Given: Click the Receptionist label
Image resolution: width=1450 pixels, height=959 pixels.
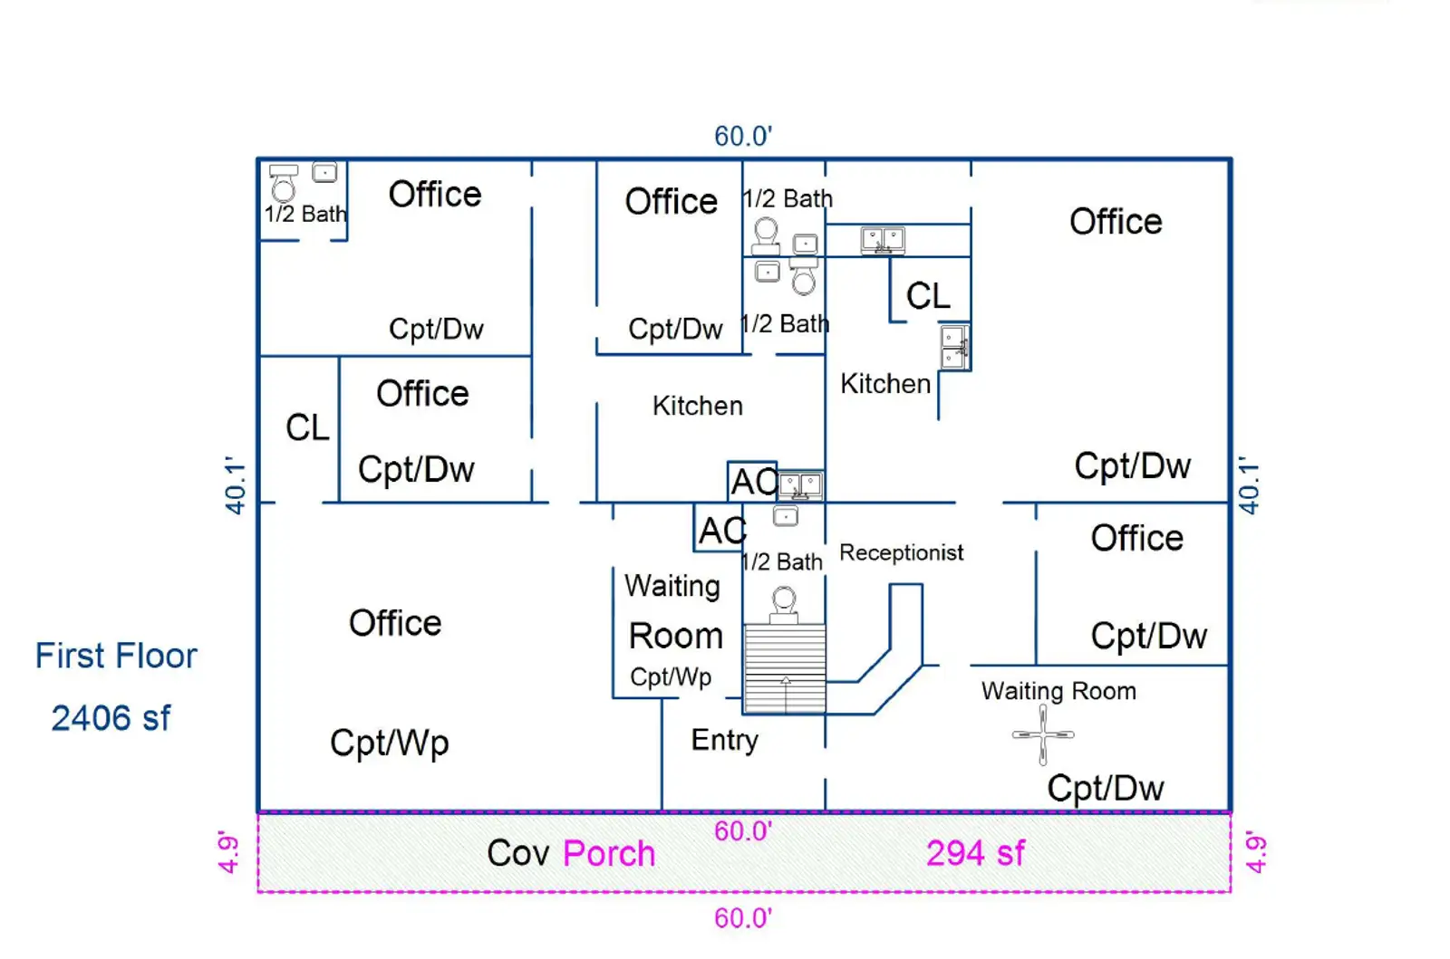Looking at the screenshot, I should click(901, 552).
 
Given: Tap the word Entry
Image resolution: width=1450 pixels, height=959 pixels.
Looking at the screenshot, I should click(724, 740).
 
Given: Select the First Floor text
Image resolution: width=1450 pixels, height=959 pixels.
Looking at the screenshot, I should click(116, 656).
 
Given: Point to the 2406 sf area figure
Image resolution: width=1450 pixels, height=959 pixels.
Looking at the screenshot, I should click(111, 718).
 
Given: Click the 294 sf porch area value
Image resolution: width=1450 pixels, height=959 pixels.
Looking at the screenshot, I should click(975, 853).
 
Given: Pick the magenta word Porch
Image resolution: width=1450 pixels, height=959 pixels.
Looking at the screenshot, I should click(609, 853).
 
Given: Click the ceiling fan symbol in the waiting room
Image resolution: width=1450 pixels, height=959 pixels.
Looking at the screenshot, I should click(1043, 734).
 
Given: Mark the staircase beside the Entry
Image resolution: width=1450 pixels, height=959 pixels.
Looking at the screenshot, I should click(785, 668).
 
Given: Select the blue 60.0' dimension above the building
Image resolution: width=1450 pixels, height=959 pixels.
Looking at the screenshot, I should click(743, 136).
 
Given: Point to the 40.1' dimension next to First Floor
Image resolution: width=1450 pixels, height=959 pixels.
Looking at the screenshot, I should click(235, 486).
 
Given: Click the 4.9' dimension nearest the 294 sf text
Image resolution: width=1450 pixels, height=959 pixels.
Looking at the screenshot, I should click(1255, 852).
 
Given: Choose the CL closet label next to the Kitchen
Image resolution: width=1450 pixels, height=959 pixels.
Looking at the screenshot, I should click(928, 295).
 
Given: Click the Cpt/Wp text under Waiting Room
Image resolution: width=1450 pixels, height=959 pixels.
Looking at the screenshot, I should click(671, 676).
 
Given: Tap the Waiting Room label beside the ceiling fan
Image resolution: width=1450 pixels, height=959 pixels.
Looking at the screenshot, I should click(1058, 691).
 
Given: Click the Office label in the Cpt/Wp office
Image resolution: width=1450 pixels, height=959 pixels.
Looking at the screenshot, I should click(395, 623).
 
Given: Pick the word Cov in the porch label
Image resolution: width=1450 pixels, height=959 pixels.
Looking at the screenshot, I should click(518, 853).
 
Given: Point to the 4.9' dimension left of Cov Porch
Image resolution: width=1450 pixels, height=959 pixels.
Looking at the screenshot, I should click(228, 852).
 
